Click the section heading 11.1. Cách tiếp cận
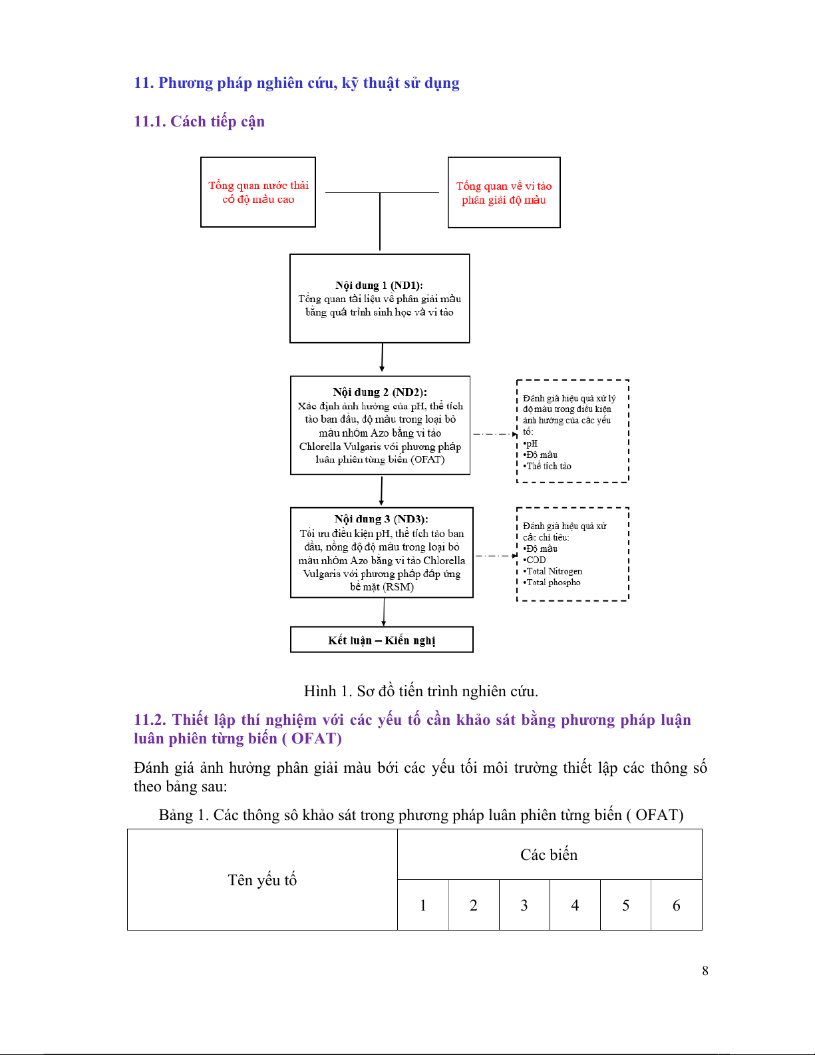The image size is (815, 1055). [x=199, y=121]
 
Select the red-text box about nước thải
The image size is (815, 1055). [x=258, y=192]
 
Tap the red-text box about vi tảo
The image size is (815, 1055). [x=504, y=193]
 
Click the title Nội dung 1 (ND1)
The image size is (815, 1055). [x=379, y=286]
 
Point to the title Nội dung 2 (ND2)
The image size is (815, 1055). [x=380, y=392]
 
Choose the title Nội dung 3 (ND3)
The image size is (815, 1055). [x=381, y=519]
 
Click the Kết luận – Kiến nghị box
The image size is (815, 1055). [x=381, y=640]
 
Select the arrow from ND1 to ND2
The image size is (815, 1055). [x=382, y=357]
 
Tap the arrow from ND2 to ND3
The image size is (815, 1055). [x=381, y=491]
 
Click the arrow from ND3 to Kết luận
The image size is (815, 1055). [x=384, y=612]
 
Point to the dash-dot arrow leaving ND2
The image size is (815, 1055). [x=494, y=434]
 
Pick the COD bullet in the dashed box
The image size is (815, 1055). [x=536, y=560]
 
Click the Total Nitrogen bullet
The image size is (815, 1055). [x=554, y=571]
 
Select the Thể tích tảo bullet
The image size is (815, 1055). [x=548, y=466]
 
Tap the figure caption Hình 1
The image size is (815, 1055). [x=420, y=691]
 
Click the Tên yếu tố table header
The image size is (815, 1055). [x=262, y=880]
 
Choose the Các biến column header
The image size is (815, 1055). [x=549, y=855]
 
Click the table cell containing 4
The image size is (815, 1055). [x=575, y=905]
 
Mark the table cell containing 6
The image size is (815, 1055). [x=676, y=905]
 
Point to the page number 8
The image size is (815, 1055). [x=705, y=970]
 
